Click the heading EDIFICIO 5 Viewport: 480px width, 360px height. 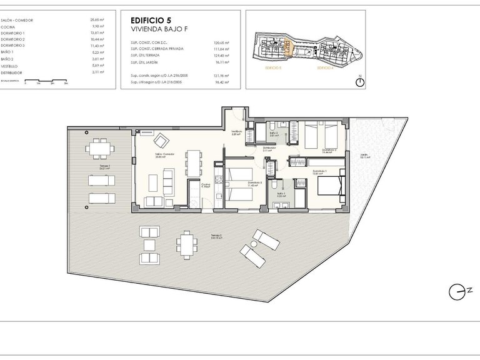pyautogui.click(x=151, y=19)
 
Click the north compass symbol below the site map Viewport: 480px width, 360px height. pyautogui.click(x=360, y=82)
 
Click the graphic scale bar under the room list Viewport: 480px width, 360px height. pyautogui.click(x=46, y=83)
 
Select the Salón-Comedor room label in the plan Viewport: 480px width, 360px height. pyautogui.click(x=164, y=155)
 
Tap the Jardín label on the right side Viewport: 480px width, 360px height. pyautogui.click(x=364, y=156)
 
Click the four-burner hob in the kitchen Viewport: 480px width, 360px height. pyautogui.click(x=217, y=181)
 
